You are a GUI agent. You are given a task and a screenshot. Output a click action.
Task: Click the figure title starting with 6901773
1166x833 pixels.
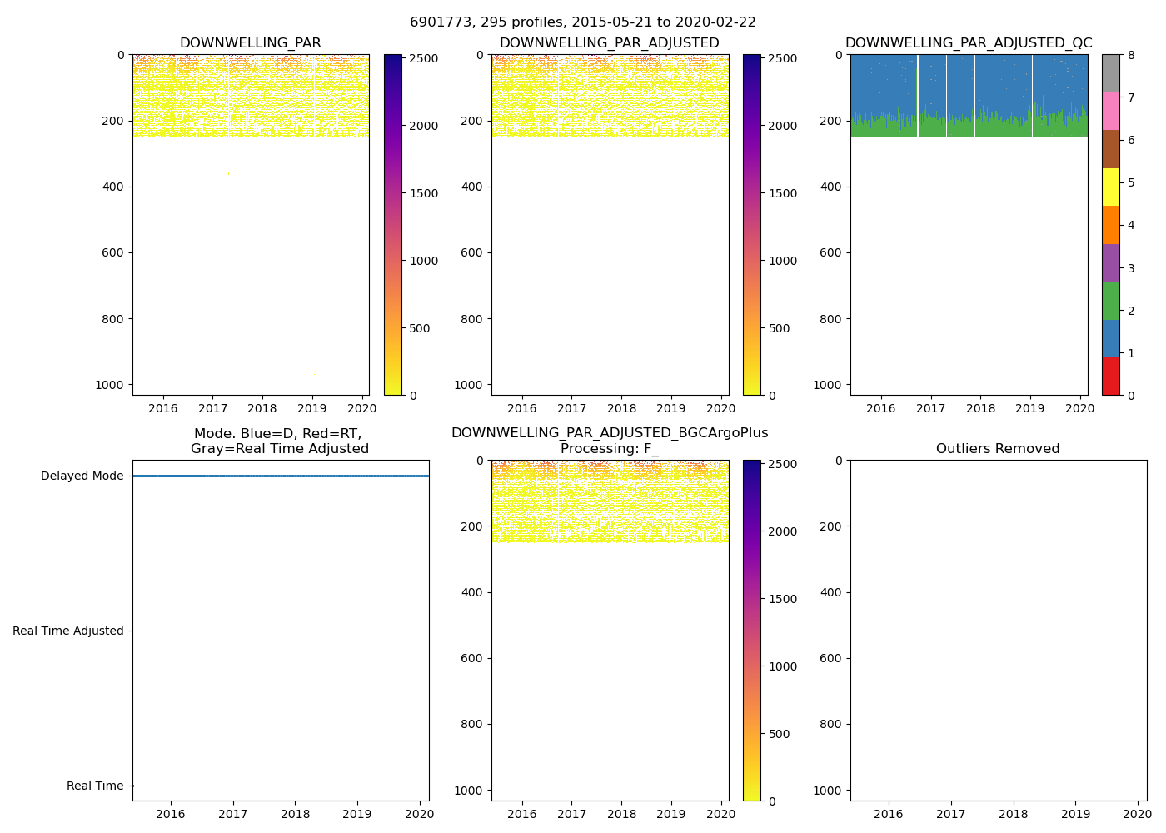point(582,22)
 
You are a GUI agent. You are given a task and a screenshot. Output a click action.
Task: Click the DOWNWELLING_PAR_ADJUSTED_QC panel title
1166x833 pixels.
point(969,43)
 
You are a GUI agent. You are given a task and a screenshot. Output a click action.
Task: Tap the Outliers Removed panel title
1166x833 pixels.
point(998,449)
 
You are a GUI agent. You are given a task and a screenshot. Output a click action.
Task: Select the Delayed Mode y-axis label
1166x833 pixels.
point(82,476)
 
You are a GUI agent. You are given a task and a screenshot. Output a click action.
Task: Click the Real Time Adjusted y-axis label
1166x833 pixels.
point(68,631)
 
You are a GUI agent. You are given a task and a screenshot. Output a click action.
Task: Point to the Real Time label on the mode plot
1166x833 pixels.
point(95,786)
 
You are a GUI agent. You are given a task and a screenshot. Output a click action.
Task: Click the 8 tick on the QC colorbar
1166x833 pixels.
point(1131,56)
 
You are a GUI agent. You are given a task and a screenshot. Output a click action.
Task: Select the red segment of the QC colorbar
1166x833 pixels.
point(1110,377)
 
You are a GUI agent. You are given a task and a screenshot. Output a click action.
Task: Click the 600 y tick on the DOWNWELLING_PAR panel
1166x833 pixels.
point(115,253)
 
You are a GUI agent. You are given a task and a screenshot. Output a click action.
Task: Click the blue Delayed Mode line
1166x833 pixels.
point(280,476)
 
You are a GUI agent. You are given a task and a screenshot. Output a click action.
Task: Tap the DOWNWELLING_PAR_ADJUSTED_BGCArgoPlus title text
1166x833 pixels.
point(610,433)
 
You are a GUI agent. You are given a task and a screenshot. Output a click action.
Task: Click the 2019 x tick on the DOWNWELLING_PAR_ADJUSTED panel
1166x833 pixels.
point(671,408)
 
